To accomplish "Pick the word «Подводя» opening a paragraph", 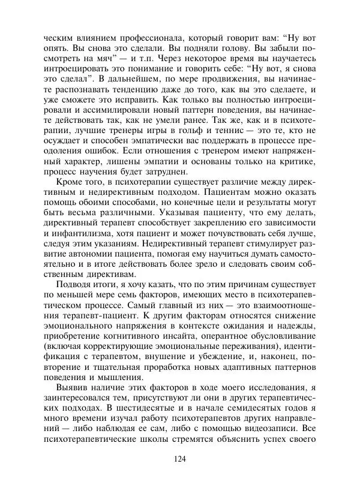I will point(74,284).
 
